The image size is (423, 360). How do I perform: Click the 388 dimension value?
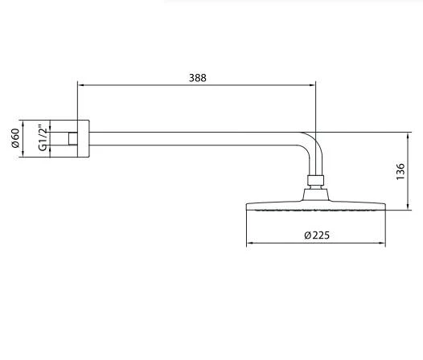coord(198,78)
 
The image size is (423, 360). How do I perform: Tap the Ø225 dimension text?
coord(317,235)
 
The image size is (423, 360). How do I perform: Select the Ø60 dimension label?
coord(15,141)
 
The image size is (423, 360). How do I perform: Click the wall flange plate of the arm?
coord(84,140)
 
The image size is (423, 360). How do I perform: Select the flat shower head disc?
coord(317,205)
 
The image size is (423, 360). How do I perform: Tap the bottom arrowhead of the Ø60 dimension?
coord(26,156)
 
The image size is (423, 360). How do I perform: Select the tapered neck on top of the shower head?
coord(317,193)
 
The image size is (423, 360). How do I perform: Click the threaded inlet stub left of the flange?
coord(72,140)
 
